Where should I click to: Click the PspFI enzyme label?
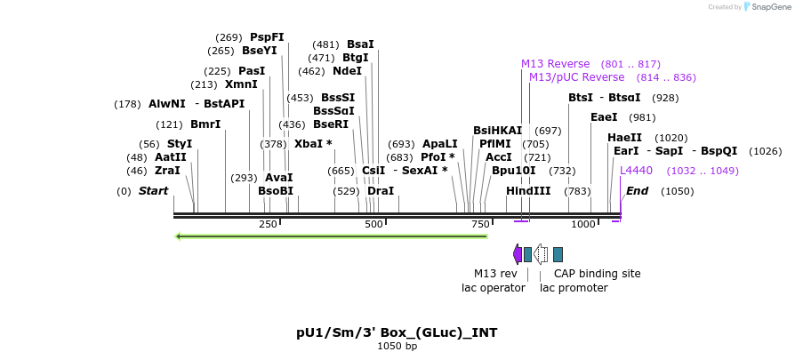pyautogui.click(x=267, y=37)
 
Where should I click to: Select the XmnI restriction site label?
pyautogui.click(x=241, y=84)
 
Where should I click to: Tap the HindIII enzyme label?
pyautogui.click(x=528, y=191)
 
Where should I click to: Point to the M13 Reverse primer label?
pyautogui.click(x=555, y=64)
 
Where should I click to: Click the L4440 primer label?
pyautogui.click(x=636, y=170)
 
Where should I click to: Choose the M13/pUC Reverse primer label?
pyautogui.click(x=576, y=77)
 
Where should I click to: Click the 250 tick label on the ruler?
pyautogui.click(x=268, y=225)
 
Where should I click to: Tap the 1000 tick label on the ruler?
pyautogui.click(x=582, y=225)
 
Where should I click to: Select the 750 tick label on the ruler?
pyautogui.click(x=480, y=225)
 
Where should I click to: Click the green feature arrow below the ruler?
pyautogui.click(x=332, y=236)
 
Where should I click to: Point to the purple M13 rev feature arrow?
pyautogui.click(x=518, y=254)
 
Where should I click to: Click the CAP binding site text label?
pyautogui.click(x=597, y=274)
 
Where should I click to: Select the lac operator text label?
pyautogui.click(x=493, y=287)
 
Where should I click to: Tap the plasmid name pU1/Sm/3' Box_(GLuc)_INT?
pyautogui.click(x=397, y=332)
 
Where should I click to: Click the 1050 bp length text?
pyautogui.click(x=397, y=346)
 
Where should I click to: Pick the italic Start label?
pyautogui.click(x=153, y=191)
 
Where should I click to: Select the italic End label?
pyautogui.click(x=637, y=191)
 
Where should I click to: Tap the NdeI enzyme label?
pyautogui.click(x=347, y=71)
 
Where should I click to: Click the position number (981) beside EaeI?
pyautogui.click(x=642, y=117)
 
